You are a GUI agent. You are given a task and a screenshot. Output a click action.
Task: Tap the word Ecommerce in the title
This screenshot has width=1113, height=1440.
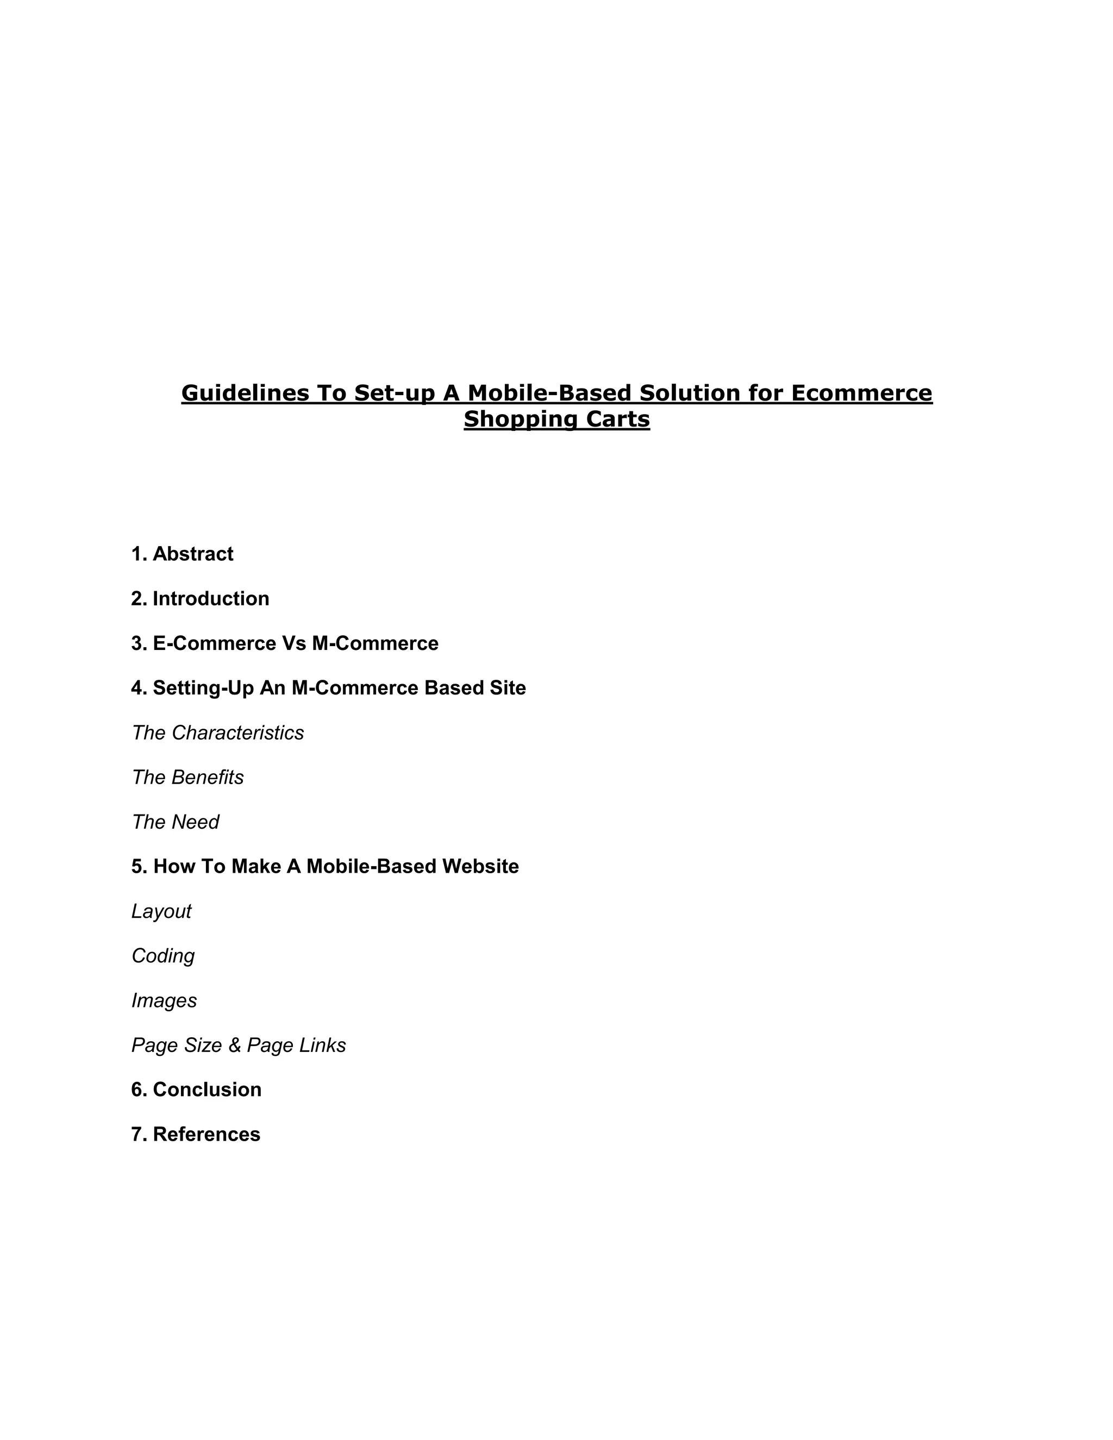pos(861,393)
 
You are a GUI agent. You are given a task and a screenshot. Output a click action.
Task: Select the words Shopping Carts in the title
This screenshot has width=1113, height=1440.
pos(556,420)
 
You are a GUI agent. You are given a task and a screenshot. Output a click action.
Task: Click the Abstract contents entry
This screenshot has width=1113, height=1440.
pos(192,554)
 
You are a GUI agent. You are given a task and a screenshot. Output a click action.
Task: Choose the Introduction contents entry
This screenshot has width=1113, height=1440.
pos(210,599)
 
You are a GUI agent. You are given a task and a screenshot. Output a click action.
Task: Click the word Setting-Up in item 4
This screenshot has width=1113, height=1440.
pos(203,688)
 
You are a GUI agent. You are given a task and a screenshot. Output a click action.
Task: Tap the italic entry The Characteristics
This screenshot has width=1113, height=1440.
pos(217,733)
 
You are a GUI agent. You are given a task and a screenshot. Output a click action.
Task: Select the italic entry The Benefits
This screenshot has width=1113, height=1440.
pos(187,778)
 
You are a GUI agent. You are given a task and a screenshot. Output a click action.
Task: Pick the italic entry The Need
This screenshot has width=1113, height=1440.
pos(175,822)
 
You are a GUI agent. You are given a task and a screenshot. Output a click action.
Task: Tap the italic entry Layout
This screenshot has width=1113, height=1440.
pos(161,911)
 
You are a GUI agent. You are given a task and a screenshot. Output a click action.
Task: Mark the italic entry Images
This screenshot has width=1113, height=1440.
pos(164,1001)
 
